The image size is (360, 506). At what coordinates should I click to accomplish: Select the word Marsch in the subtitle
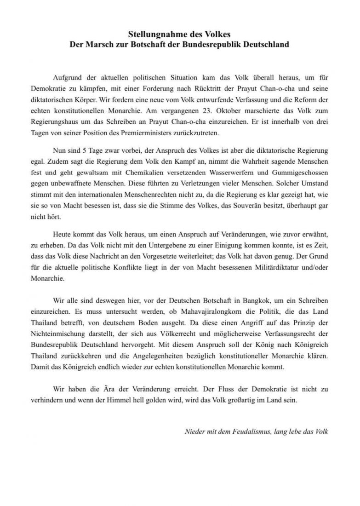96,45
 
